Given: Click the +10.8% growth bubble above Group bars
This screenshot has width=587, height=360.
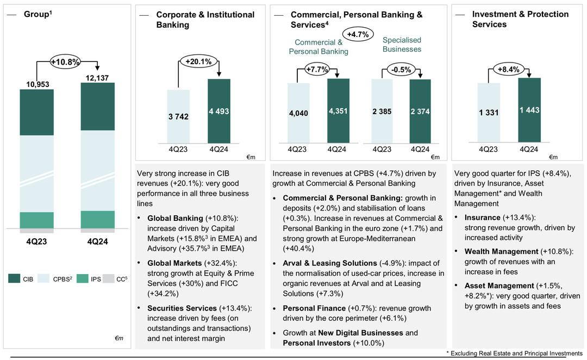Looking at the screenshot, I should point(66,62).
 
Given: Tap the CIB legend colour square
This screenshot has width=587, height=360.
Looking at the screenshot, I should point(14,279).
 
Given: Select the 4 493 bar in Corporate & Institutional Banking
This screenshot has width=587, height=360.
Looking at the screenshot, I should point(218,111).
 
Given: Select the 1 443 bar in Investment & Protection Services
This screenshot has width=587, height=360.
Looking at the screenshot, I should point(529,110).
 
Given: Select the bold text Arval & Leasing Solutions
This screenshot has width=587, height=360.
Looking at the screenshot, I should point(330,263).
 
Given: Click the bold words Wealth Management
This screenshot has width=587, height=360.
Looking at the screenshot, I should point(501,252).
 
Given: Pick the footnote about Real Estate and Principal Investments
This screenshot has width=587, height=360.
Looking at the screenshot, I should point(514,353).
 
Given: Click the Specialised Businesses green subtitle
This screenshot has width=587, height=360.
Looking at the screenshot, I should point(402,45).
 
